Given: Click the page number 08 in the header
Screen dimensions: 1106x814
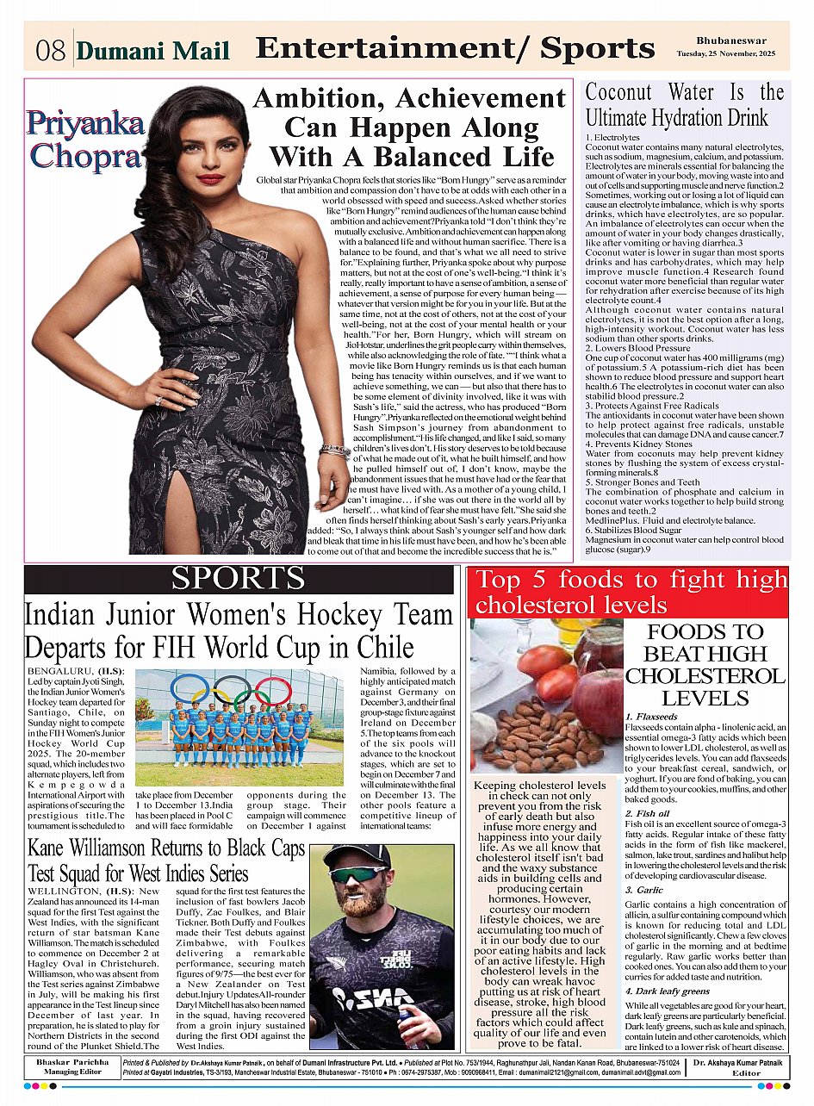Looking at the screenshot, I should point(51,51).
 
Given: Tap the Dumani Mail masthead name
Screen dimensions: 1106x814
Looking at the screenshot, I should point(153,52).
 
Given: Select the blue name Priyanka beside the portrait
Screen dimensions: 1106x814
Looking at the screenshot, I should point(84,124).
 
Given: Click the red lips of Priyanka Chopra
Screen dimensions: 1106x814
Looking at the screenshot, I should point(210,179).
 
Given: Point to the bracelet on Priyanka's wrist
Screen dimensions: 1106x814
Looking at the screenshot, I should point(334,450).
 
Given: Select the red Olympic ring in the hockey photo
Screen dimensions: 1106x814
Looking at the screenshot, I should point(273,689).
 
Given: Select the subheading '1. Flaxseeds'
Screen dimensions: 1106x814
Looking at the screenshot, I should point(652,717).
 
